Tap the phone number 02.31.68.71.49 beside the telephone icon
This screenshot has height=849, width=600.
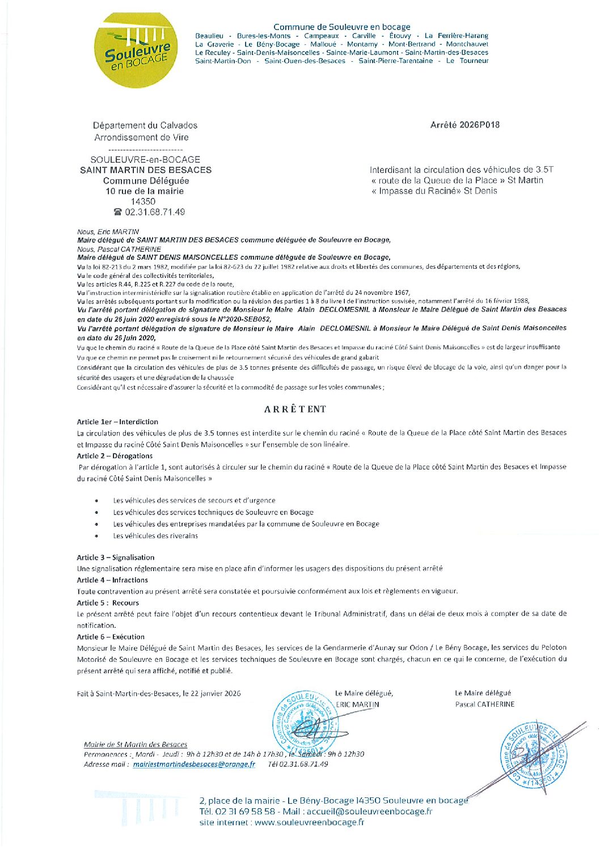point(155,212)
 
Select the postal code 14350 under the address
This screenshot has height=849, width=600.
point(143,201)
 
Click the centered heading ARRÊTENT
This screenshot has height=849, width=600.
point(295,409)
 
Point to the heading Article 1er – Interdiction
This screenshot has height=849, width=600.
point(117,422)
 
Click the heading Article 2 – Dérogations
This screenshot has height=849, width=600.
point(115,456)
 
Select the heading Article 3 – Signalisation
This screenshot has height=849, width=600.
point(116,557)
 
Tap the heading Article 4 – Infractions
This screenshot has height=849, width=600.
point(112,580)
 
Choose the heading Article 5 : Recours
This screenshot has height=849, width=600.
point(108,603)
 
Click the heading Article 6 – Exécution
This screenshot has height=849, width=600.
point(111,637)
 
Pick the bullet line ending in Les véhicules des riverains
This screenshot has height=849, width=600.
point(155,536)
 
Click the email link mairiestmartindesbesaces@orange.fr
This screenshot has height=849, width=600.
point(194,764)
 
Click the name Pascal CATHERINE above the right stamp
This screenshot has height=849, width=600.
point(484,704)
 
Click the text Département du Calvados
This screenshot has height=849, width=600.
point(145,125)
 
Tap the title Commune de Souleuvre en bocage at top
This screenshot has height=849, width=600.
point(341,27)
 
